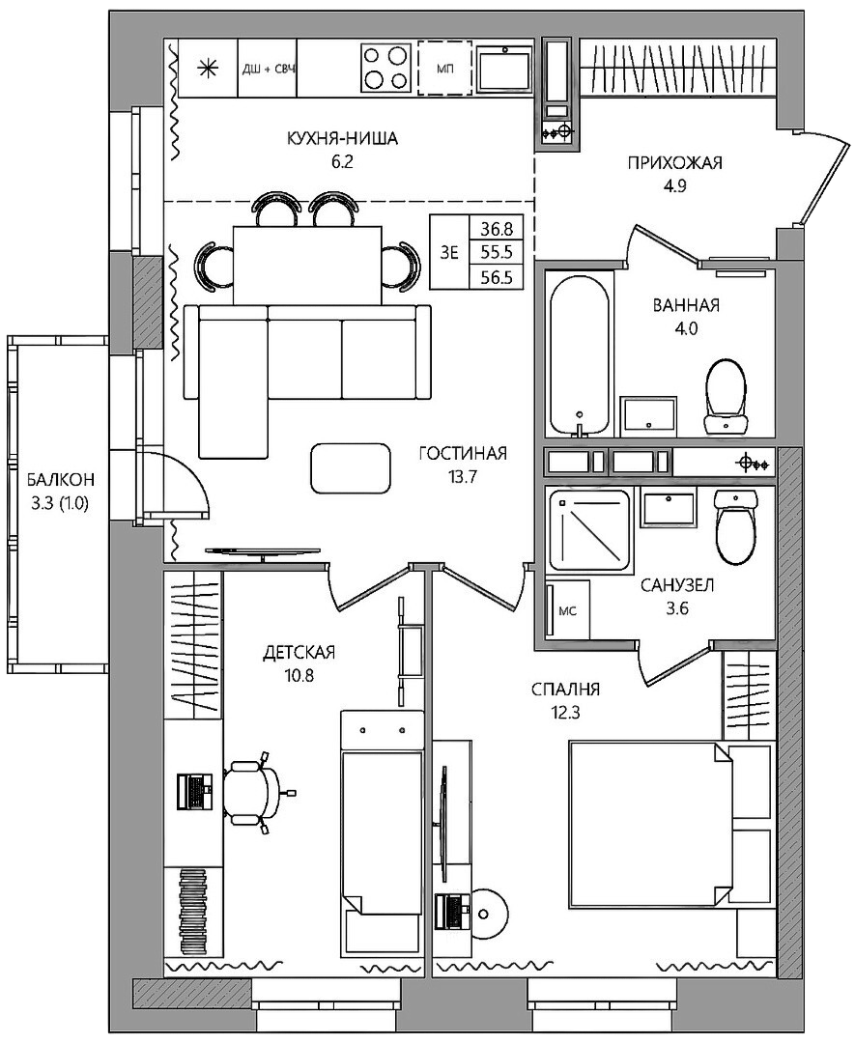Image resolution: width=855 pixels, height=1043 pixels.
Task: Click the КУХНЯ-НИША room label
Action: [342, 138]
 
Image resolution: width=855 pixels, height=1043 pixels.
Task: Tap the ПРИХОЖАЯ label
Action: [674, 163]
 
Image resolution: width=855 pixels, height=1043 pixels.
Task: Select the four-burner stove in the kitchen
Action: [386, 68]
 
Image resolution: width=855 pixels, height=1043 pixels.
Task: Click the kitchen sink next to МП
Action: [505, 68]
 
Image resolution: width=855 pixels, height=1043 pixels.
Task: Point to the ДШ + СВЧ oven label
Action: [268, 69]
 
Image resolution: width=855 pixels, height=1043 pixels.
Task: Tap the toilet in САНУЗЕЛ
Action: [736, 524]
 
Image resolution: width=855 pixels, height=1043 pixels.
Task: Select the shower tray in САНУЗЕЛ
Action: [589, 530]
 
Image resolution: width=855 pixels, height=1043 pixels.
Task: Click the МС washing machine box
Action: [567, 610]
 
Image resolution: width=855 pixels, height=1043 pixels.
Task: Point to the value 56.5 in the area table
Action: [497, 277]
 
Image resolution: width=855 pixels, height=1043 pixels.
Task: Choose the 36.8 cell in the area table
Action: [497, 229]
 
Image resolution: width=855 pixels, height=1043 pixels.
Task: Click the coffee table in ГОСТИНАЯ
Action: [351, 468]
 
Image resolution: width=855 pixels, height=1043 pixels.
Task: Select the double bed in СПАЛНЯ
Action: [651, 824]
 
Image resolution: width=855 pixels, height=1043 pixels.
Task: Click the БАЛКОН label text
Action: [61, 478]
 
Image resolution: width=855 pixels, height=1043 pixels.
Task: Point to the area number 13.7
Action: [464, 477]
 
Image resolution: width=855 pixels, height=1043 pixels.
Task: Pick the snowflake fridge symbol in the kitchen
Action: [209, 69]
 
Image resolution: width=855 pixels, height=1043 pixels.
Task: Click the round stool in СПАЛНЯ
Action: [491, 910]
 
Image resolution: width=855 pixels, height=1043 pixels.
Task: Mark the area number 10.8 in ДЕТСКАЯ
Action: [299, 676]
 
